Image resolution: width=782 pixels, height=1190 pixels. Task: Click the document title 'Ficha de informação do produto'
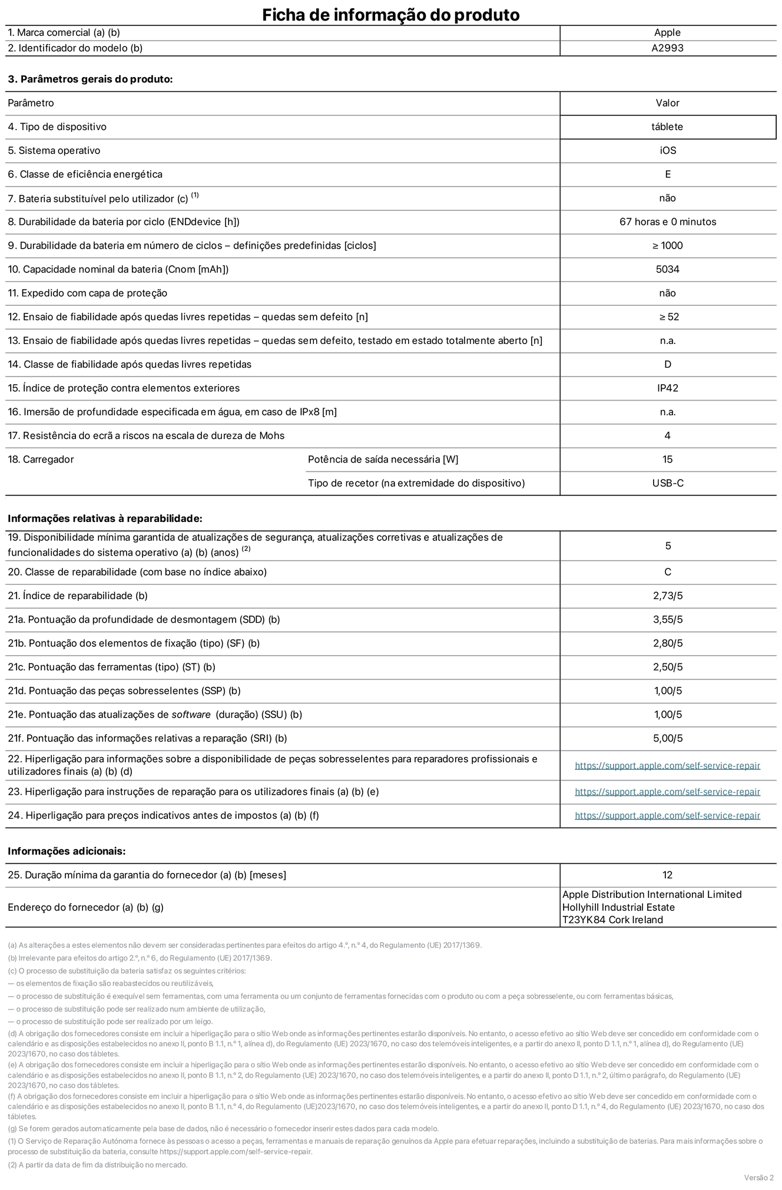pyautogui.click(x=390, y=15)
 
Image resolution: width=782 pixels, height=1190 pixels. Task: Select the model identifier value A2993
pyautogui.click(x=667, y=48)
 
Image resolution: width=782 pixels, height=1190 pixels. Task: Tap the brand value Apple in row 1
pyautogui.click(x=667, y=33)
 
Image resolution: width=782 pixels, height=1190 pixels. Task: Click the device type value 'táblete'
pyautogui.click(x=667, y=127)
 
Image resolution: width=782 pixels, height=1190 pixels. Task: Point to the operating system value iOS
pyautogui.click(x=668, y=151)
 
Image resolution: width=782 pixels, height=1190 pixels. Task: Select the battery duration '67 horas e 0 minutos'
pyautogui.click(x=668, y=222)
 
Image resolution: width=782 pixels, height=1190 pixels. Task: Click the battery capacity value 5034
pyautogui.click(x=667, y=269)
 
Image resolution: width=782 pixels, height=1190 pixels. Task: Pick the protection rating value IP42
pyautogui.click(x=668, y=388)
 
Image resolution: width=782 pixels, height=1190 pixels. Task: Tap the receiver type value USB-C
pyautogui.click(x=668, y=483)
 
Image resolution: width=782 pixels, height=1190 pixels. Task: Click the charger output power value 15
pyautogui.click(x=667, y=460)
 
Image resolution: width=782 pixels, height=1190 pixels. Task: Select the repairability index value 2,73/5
pyautogui.click(x=668, y=596)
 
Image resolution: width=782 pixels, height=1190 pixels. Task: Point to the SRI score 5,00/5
pyautogui.click(x=668, y=738)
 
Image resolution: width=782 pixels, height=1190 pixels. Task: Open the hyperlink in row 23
pyautogui.click(x=667, y=792)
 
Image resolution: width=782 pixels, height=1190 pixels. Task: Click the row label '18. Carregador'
pyautogui.click(x=41, y=460)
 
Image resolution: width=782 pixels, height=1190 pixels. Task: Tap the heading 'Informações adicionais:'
pyautogui.click(x=67, y=851)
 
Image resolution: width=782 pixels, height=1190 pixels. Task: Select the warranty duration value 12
pyautogui.click(x=667, y=875)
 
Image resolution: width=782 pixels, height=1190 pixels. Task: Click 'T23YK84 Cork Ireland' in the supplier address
pyautogui.click(x=612, y=920)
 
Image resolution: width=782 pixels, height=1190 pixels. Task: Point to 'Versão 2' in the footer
pyautogui.click(x=758, y=1178)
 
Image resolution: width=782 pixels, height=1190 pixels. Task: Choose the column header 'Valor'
pyautogui.click(x=667, y=103)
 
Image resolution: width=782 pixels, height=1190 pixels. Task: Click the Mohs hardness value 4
pyautogui.click(x=667, y=436)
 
